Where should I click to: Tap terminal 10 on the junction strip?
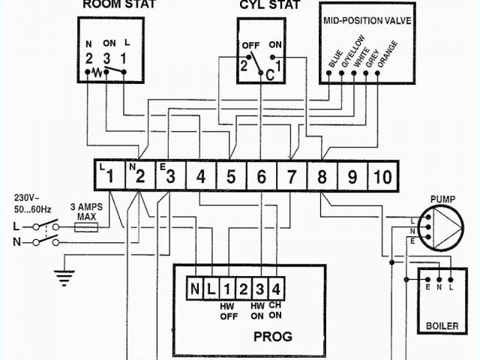click(x=382, y=177)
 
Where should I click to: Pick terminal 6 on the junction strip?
click(x=261, y=177)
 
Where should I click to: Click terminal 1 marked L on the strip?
click(x=109, y=177)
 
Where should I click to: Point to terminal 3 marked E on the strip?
click(x=170, y=177)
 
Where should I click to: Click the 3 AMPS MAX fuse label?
click(x=85, y=211)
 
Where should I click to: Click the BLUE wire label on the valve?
click(x=334, y=59)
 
